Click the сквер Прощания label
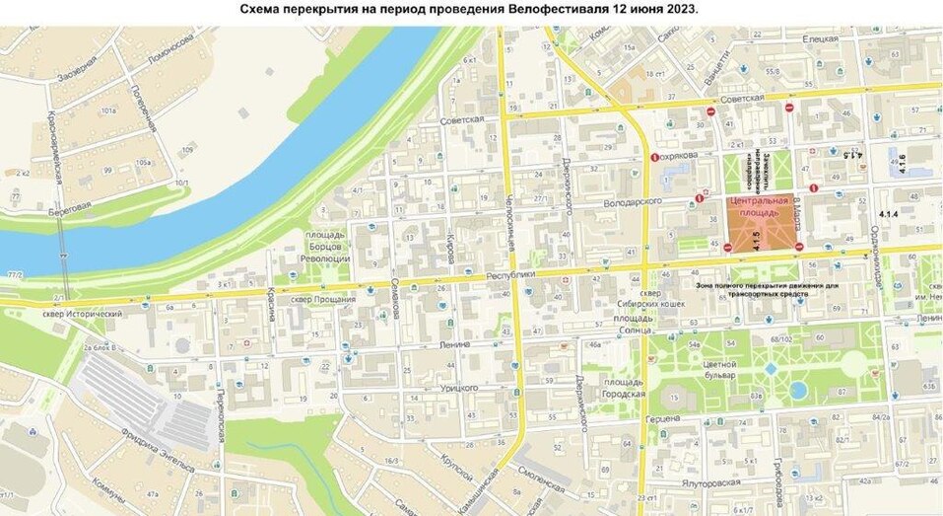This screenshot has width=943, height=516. coord(314,297)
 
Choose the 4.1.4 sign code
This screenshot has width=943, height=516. coord(888,214)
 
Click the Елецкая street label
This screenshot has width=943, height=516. coord(819,38)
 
